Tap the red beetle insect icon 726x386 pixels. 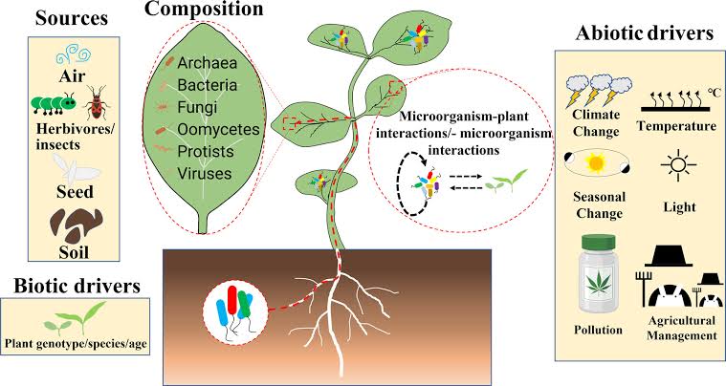(x=97, y=102)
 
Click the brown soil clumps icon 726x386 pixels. (x=76, y=225)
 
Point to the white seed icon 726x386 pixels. (x=75, y=169)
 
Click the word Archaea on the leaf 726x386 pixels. (x=207, y=62)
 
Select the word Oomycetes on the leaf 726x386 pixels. (x=218, y=129)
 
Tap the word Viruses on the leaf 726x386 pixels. (x=204, y=173)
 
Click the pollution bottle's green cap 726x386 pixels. (x=599, y=243)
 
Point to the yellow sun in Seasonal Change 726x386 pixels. (x=595, y=162)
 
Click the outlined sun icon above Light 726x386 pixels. (x=679, y=165)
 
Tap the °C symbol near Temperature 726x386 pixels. (x=714, y=93)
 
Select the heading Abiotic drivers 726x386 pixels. (x=645, y=33)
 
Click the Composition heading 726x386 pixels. (x=204, y=10)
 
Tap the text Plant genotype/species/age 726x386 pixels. (x=76, y=343)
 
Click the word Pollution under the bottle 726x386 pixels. (x=598, y=330)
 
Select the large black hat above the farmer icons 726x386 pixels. (x=668, y=256)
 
